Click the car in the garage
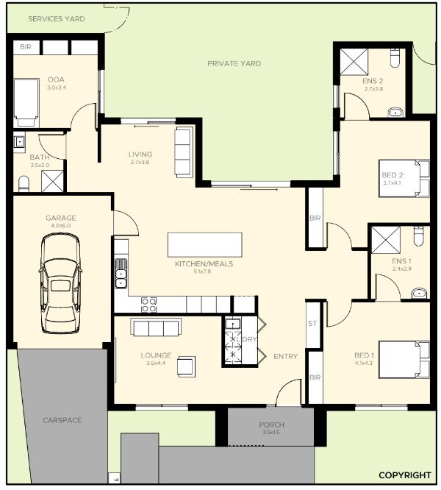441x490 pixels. (60, 284)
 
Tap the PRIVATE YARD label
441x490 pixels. (234, 64)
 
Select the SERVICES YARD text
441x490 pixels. (57, 18)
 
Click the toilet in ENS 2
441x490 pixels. (395, 58)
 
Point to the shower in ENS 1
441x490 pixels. (386, 240)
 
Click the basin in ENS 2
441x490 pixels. (395, 112)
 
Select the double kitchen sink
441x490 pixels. (121, 274)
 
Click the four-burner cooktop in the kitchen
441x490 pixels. (148, 305)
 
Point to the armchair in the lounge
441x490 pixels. (187, 366)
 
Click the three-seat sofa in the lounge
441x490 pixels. (156, 327)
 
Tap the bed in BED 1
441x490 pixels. (404, 360)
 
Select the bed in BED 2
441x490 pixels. (404, 178)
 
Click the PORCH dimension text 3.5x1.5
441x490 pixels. (271, 433)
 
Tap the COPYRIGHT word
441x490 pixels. (405, 475)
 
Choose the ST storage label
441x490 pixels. (312, 324)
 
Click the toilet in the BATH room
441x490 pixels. (24, 184)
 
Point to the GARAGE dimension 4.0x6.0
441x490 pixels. (60, 226)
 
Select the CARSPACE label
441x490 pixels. (62, 420)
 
